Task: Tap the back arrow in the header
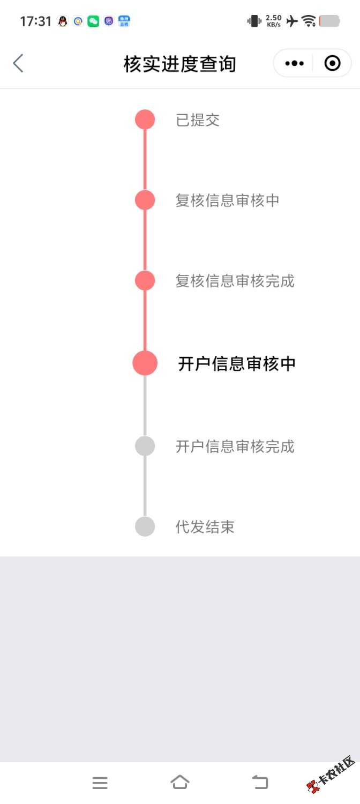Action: (18, 63)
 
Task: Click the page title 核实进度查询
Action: (179, 64)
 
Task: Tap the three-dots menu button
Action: (295, 64)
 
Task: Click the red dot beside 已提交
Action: (145, 120)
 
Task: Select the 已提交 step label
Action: (197, 120)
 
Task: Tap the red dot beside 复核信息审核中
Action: (145, 200)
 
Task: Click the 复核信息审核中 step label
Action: (227, 200)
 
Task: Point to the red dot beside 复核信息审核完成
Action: (145, 280)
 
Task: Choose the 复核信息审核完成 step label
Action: (235, 281)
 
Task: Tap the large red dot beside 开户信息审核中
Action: (145, 363)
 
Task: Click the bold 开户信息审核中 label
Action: (237, 363)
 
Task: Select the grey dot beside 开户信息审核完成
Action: (145, 446)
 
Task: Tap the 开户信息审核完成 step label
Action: (235, 446)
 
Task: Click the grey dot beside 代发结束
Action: (145, 526)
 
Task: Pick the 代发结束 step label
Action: (205, 527)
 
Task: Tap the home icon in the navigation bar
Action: (179, 782)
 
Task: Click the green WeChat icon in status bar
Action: (93, 21)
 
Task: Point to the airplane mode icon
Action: (292, 21)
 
